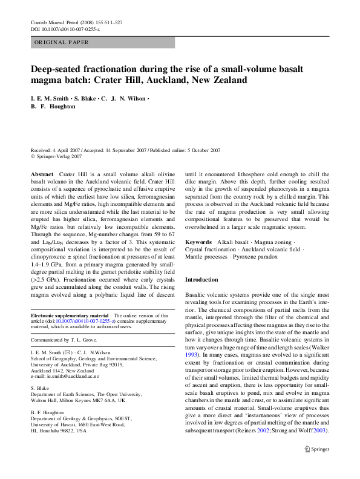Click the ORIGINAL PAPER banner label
(x=62, y=42)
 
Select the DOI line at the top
(x=65, y=28)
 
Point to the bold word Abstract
(x=42, y=174)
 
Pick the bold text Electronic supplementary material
(x=69, y=315)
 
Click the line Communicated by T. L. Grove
(x=66, y=341)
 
